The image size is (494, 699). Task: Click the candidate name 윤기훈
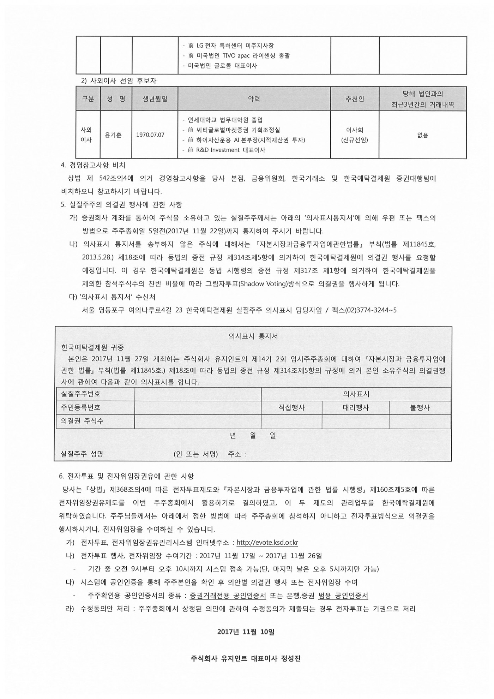(x=113, y=135)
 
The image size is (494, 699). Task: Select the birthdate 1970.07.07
(x=150, y=135)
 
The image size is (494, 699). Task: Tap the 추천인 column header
(x=354, y=99)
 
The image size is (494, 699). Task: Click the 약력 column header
(x=254, y=99)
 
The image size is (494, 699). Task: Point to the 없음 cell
(x=422, y=135)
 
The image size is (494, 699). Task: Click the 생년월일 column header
(x=155, y=99)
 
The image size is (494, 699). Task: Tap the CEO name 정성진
(x=291, y=658)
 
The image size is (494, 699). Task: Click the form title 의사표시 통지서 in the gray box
(x=253, y=336)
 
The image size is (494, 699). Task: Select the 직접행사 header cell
(x=291, y=408)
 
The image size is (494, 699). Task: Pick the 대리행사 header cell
(x=355, y=408)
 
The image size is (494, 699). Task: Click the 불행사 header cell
(x=420, y=408)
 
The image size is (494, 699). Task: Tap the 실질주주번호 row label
(x=81, y=394)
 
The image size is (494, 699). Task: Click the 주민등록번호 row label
(x=81, y=407)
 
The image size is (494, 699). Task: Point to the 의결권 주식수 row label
(x=82, y=421)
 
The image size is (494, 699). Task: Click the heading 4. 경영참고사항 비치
(x=93, y=165)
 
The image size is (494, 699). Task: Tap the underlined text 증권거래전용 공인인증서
(x=228, y=596)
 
